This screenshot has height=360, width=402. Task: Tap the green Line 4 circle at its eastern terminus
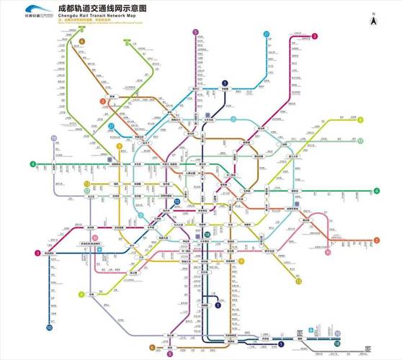tap(377, 191)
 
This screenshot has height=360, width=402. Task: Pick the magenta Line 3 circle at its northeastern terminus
tap(315, 36)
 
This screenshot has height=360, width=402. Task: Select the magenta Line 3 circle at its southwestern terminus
tap(37, 253)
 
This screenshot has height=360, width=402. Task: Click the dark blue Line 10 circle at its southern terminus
tap(50, 328)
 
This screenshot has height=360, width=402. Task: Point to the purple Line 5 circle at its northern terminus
tap(195, 32)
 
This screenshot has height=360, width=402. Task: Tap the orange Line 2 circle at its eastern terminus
tap(376, 240)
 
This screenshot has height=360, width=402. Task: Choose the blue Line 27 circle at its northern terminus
tap(267, 34)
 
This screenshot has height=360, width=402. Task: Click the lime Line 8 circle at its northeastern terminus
tap(360, 120)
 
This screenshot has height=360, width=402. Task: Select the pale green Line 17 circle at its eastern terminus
tap(358, 142)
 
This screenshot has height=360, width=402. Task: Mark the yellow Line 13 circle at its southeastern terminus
tap(298, 282)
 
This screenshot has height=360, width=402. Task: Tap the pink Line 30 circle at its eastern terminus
tap(328, 253)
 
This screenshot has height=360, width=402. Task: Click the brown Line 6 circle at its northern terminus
tap(81, 42)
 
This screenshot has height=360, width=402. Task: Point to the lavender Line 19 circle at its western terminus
tap(53, 138)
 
